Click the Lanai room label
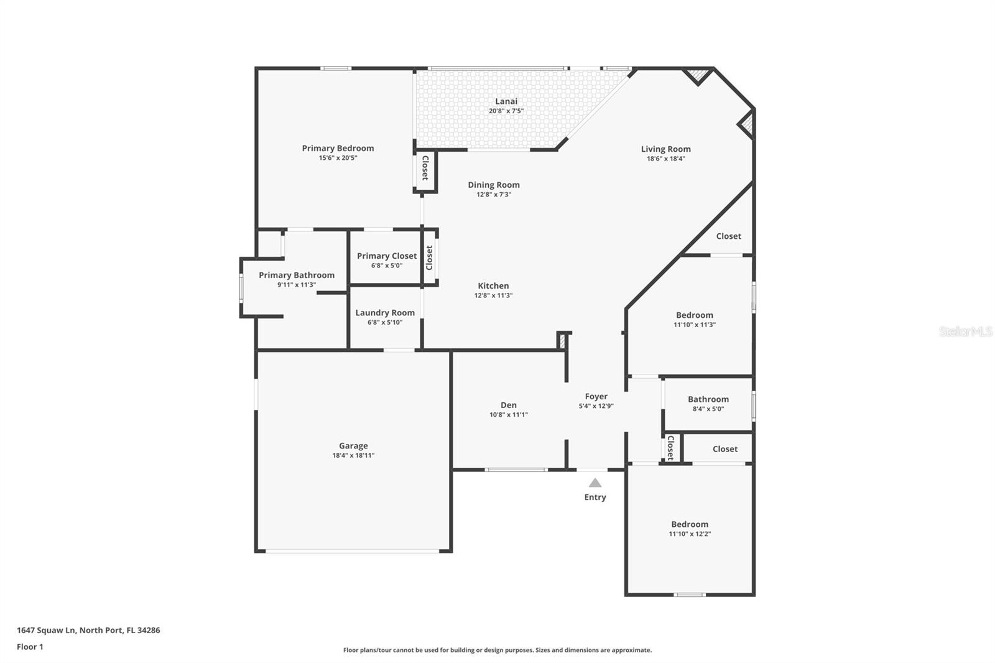(x=506, y=101)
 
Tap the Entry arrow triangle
(x=595, y=483)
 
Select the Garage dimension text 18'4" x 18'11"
(x=353, y=455)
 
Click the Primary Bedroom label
(x=338, y=148)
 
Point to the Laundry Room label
(x=385, y=313)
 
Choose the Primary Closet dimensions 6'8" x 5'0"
(x=387, y=266)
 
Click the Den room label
(x=508, y=405)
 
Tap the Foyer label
(x=596, y=396)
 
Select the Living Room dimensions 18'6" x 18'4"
(x=665, y=159)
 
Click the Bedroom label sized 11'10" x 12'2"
(x=690, y=524)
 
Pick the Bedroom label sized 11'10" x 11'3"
(x=695, y=315)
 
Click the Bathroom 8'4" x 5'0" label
(x=708, y=399)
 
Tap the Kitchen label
(x=493, y=286)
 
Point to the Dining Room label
(x=494, y=185)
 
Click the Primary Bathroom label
(x=297, y=275)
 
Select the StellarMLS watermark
(x=965, y=331)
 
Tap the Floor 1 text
(x=30, y=647)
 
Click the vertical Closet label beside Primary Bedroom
(x=425, y=168)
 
